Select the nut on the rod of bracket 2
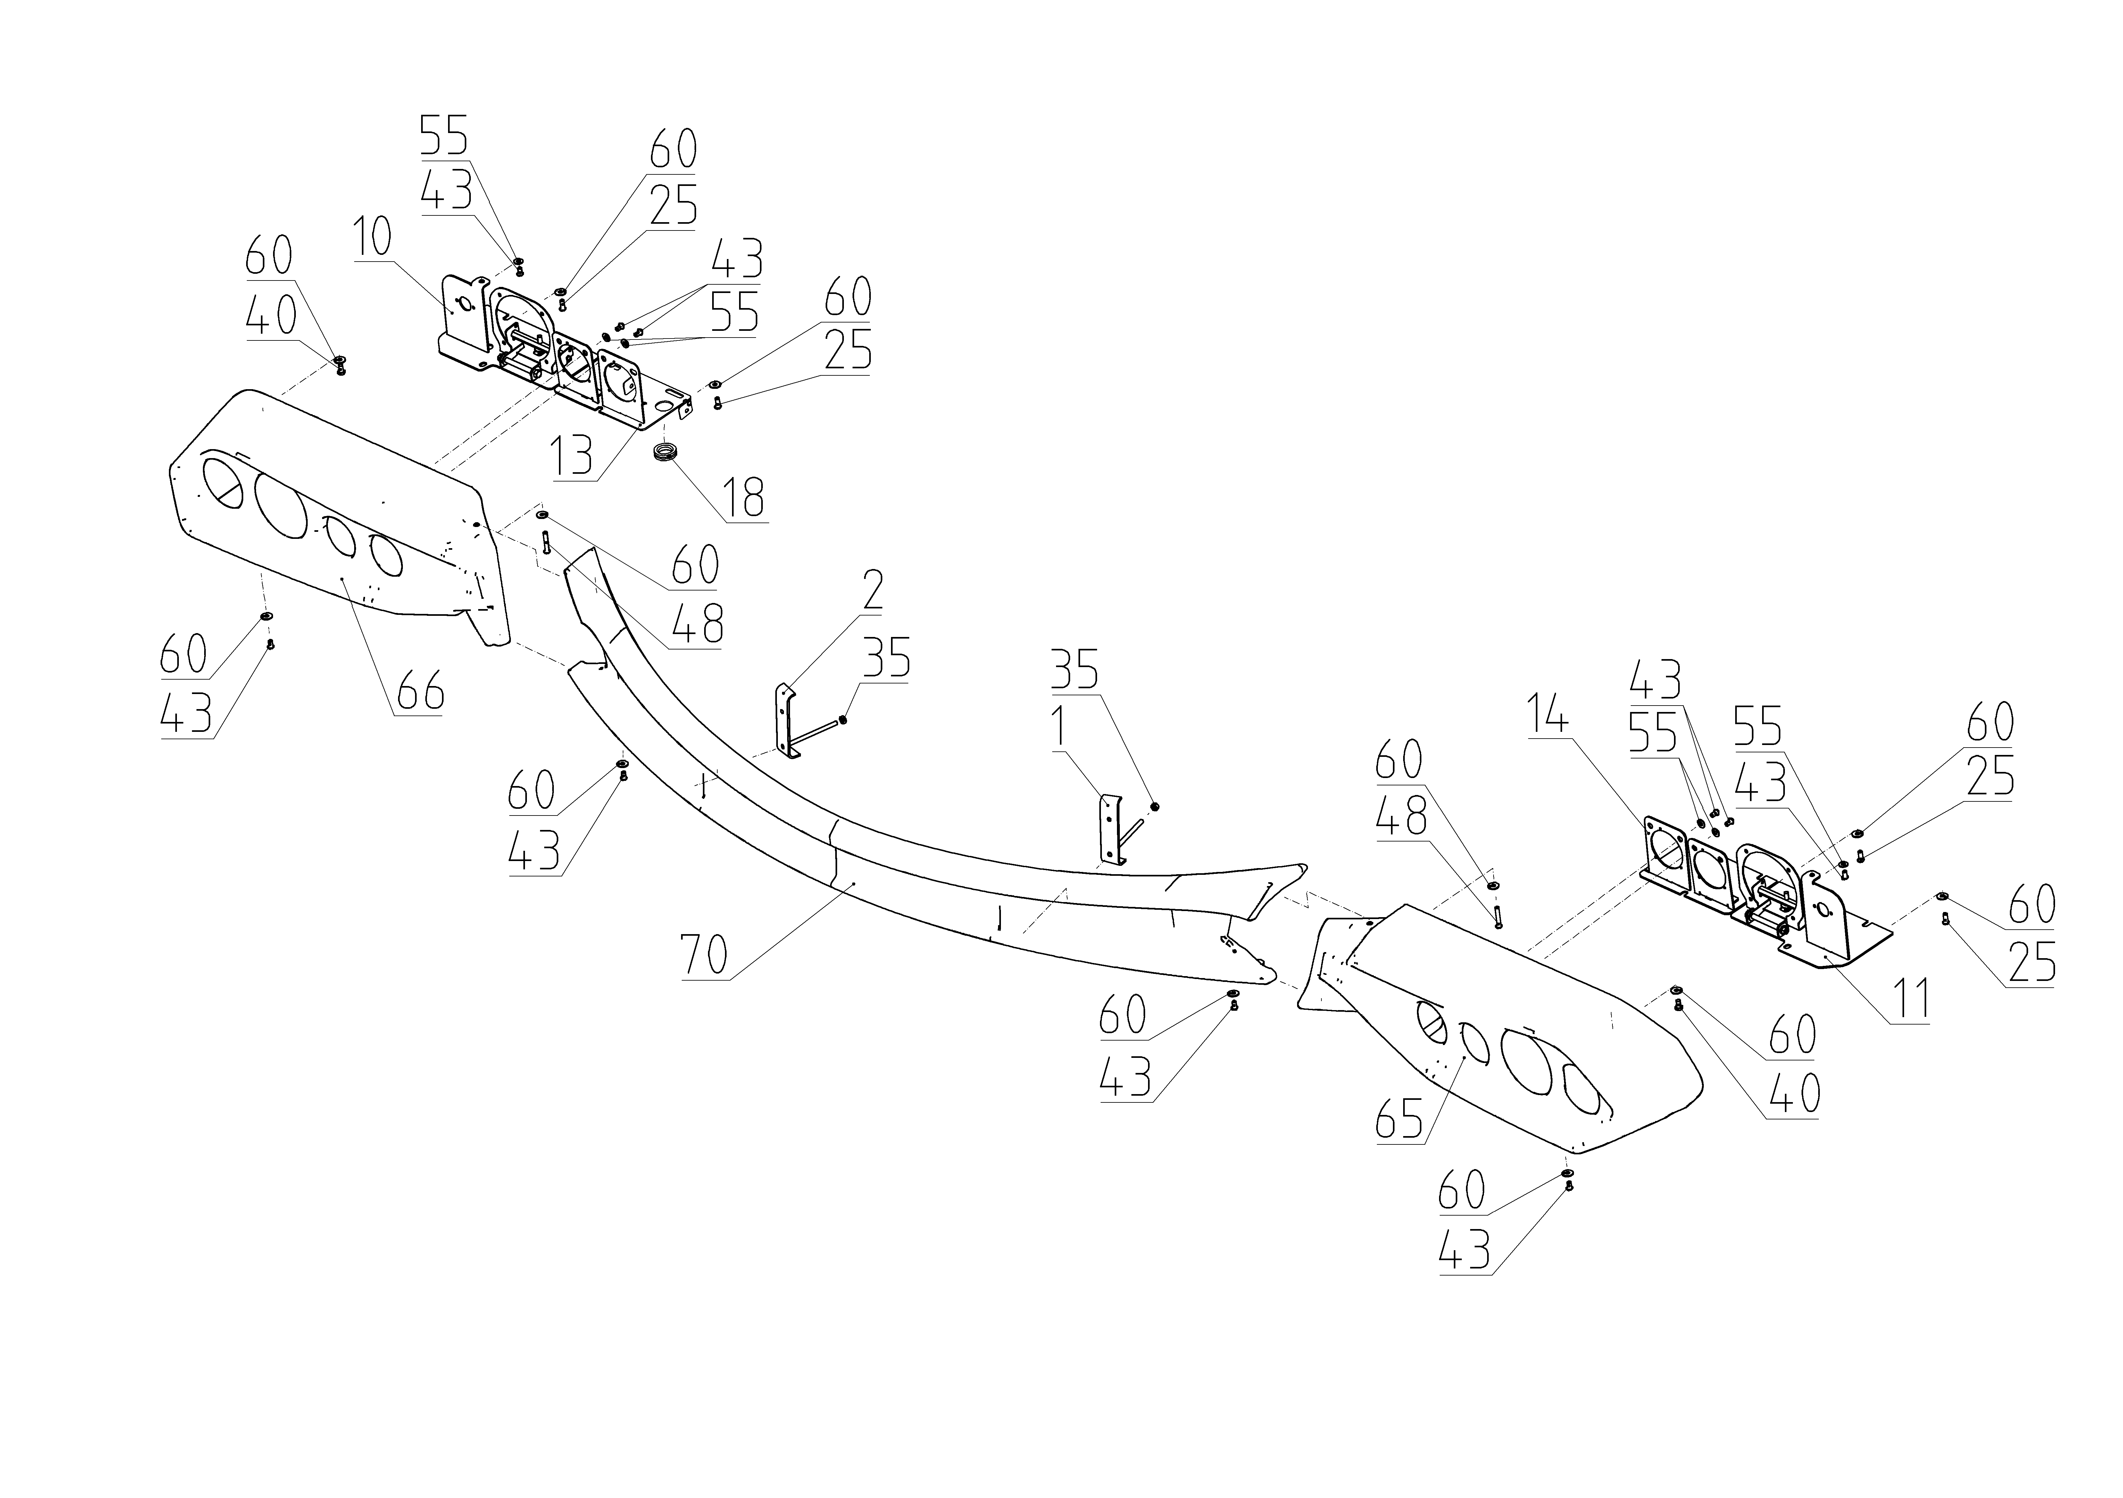(x=845, y=720)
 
